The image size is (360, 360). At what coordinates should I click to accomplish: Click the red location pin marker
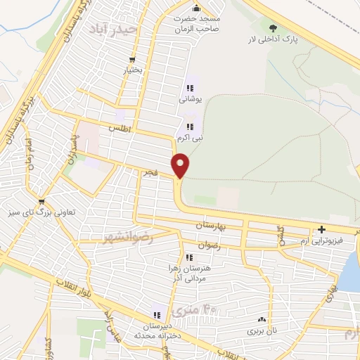(x=181, y=165)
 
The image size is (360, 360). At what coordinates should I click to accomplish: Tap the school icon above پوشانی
(x=189, y=89)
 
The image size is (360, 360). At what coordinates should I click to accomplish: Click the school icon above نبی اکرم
(x=189, y=127)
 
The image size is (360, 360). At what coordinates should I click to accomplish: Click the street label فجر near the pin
(x=148, y=172)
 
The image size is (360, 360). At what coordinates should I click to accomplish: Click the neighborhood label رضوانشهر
(x=127, y=234)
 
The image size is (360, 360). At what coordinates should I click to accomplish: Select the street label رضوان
(x=210, y=245)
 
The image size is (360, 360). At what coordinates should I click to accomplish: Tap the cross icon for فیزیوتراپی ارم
(x=321, y=229)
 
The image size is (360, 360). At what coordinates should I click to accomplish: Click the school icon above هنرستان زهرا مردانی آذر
(x=188, y=257)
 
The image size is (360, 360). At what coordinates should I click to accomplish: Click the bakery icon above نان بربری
(x=262, y=319)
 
